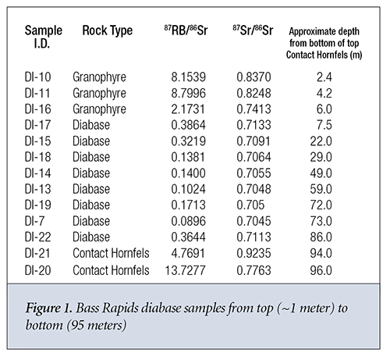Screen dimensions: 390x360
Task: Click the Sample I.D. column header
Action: click(44, 37)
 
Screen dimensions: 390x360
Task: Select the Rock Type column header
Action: click(108, 30)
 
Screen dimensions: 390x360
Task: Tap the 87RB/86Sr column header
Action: click(186, 30)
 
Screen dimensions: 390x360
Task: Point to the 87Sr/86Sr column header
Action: click(253, 30)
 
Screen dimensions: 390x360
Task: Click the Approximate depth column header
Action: click(324, 43)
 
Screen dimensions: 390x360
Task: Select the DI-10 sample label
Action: click(37, 77)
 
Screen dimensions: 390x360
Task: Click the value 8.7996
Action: click(188, 93)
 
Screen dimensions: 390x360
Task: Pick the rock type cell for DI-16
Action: click(99, 109)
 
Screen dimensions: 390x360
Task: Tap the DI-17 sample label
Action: click(37, 125)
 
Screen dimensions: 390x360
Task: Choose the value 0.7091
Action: click(253, 141)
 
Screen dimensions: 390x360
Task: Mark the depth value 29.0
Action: click(321, 157)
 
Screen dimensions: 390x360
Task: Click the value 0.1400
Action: click(188, 173)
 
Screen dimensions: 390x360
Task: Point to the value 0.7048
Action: click(253, 189)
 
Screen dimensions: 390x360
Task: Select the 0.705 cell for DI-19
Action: click(250, 205)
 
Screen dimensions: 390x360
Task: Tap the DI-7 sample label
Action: click(34, 221)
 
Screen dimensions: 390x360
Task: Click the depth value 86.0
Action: click(321, 237)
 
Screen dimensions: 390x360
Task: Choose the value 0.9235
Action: click(253, 253)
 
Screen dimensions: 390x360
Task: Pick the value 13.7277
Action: click(185, 270)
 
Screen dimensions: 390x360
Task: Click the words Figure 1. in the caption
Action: click(49, 308)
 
